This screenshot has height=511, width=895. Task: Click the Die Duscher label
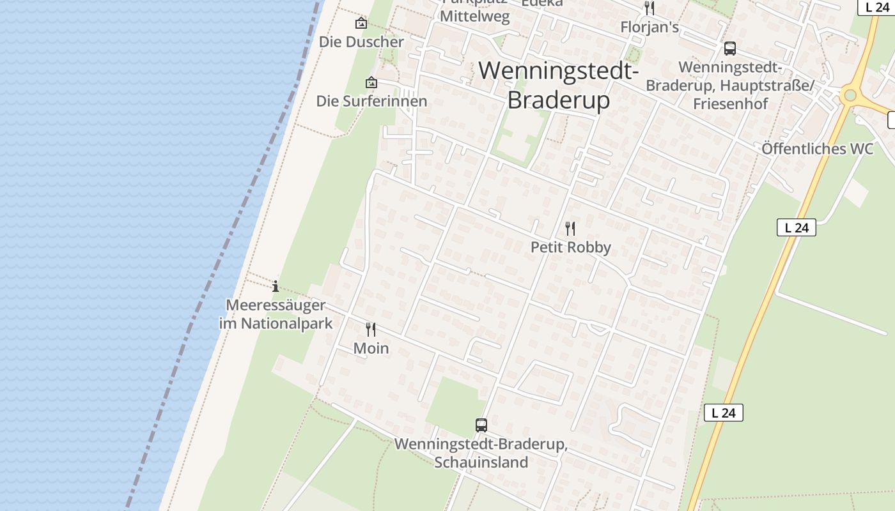click(361, 42)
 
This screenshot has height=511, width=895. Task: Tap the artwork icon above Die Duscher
click(361, 24)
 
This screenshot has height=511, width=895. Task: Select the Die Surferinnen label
click(371, 101)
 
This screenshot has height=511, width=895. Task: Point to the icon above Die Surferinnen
click(371, 82)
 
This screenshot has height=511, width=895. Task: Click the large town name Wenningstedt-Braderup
click(558, 84)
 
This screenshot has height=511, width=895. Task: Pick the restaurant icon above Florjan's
click(650, 8)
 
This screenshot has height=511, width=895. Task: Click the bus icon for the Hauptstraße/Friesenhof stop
click(729, 49)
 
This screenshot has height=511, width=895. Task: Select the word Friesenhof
click(730, 103)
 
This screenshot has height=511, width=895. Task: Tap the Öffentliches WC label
click(817, 149)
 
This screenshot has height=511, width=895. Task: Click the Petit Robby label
click(571, 247)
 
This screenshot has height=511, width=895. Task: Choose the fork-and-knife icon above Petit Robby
click(570, 228)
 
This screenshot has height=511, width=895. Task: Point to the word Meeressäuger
click(276, 305)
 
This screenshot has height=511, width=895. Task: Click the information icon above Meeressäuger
click(276, 286)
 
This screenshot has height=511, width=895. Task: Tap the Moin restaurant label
click(371, 348)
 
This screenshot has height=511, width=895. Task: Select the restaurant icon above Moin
click(371, 330)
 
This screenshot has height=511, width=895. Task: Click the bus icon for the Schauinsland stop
click(481, 425)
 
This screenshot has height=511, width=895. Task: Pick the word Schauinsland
click(481, 462)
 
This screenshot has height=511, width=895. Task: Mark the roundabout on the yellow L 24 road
click(850, 96)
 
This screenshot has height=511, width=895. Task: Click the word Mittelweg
click(475, 17)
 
